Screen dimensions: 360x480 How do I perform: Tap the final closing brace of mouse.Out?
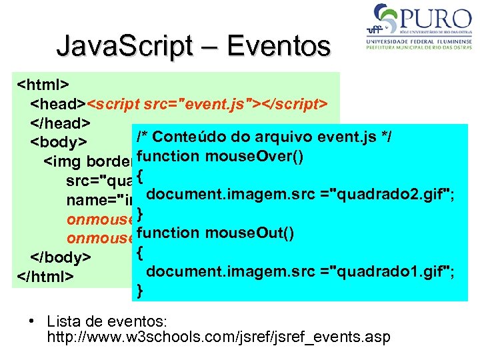139,290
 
